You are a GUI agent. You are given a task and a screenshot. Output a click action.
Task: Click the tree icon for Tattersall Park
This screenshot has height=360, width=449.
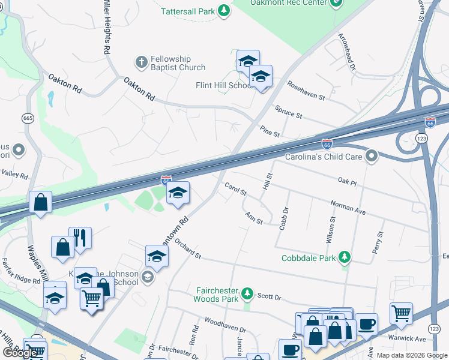[x=224, y=11]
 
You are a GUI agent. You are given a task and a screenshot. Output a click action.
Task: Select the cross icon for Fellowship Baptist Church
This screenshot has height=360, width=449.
[x=141, y=62]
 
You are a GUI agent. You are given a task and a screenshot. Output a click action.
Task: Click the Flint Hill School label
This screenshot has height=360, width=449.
[x=224, y=85]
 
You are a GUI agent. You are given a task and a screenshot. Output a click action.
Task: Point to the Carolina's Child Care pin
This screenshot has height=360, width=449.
[x=372, y=157]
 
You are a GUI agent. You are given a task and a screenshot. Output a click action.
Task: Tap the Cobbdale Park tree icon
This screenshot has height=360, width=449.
[x=345, y=258]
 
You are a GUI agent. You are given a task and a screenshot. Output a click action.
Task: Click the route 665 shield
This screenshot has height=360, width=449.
[x=28, y=118]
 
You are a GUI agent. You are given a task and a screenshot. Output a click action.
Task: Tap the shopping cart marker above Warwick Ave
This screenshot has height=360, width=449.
[x=401, y=312]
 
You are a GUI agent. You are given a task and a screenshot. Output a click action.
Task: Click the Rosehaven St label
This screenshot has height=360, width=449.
[x=306, y=89]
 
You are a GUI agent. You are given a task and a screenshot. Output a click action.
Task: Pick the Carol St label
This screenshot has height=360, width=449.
[x=235, y=190]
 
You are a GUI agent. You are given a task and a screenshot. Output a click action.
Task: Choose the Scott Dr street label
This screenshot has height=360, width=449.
[x=269, y=296]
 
